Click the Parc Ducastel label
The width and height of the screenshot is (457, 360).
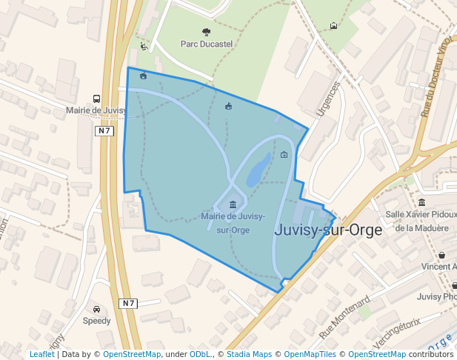click(x=207, y=44)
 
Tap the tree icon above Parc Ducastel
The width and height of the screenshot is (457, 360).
click(x=206, y=32)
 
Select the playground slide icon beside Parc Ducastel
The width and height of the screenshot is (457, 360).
click(x=144, y=46)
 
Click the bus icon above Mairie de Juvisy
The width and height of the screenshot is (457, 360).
click(x=96, y=99)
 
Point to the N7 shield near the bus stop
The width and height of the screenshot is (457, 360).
click(x=104, y=131)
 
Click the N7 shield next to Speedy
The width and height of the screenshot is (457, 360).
click(x=129, y=303)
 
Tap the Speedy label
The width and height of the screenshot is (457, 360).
click(x=96, y=321)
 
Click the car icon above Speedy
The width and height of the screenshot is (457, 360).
click(x=96, y=309)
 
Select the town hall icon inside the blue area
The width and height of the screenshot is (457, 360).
click(x=233, y=204)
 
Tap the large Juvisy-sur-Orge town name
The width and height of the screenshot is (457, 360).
click(x=328, y=230)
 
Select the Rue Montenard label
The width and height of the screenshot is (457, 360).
click(x=344, y=317)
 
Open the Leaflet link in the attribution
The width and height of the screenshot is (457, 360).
click(x=41, y=354)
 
